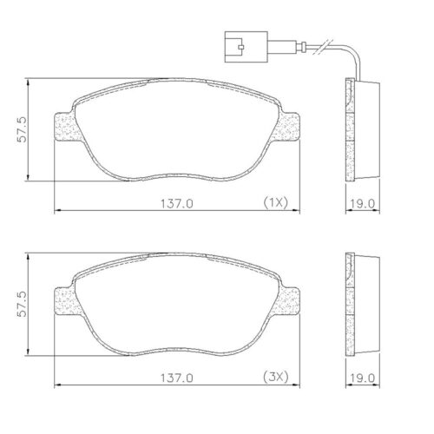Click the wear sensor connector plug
(x=233, y=43)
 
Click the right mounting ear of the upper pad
(x=288, y=127)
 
